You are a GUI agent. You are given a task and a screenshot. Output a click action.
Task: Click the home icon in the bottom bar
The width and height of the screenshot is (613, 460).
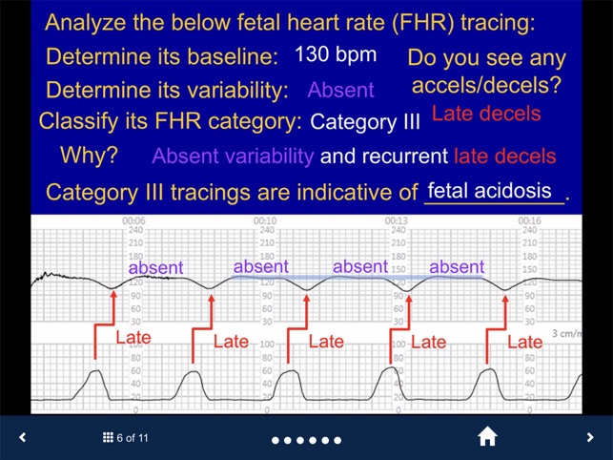(487, 437)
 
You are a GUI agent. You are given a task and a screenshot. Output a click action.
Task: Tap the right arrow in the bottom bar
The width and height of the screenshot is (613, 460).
(590, 437)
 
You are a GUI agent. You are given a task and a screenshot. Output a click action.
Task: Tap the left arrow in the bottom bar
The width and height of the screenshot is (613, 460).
(23, 437)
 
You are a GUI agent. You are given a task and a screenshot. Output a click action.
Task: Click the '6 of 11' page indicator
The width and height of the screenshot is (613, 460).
(126, 438)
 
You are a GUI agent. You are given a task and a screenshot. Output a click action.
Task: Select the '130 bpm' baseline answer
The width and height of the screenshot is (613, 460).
(336, 54)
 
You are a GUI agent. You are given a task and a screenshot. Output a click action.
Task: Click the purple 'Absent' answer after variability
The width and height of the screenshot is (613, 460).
(340, 91)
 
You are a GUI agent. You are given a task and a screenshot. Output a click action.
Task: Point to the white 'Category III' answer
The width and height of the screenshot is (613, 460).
(365, 122)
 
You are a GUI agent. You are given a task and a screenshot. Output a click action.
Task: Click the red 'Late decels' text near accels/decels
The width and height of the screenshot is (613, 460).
(486, 115)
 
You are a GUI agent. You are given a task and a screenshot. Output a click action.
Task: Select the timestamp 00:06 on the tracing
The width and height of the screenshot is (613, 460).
(133, 220)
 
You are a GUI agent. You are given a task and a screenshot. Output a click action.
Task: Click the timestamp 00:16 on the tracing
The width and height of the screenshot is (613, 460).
(530, 220)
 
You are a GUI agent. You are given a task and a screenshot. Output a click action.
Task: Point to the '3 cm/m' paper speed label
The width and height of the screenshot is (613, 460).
(568, 336)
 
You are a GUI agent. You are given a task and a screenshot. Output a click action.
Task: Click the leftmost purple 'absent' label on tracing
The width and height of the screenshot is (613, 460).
(154, 268)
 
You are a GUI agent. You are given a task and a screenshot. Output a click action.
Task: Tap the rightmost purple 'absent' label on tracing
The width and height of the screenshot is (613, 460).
(457, 267)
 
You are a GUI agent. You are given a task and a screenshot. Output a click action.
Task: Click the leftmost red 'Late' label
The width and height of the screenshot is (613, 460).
(133, 338)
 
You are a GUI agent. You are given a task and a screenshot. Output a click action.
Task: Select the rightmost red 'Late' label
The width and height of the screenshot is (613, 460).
(524, 342)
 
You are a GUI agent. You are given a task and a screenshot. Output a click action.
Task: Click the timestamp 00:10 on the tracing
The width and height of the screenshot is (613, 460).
(265, 220)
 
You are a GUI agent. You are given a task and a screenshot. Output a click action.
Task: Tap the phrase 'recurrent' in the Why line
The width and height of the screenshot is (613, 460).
(401, 156)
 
